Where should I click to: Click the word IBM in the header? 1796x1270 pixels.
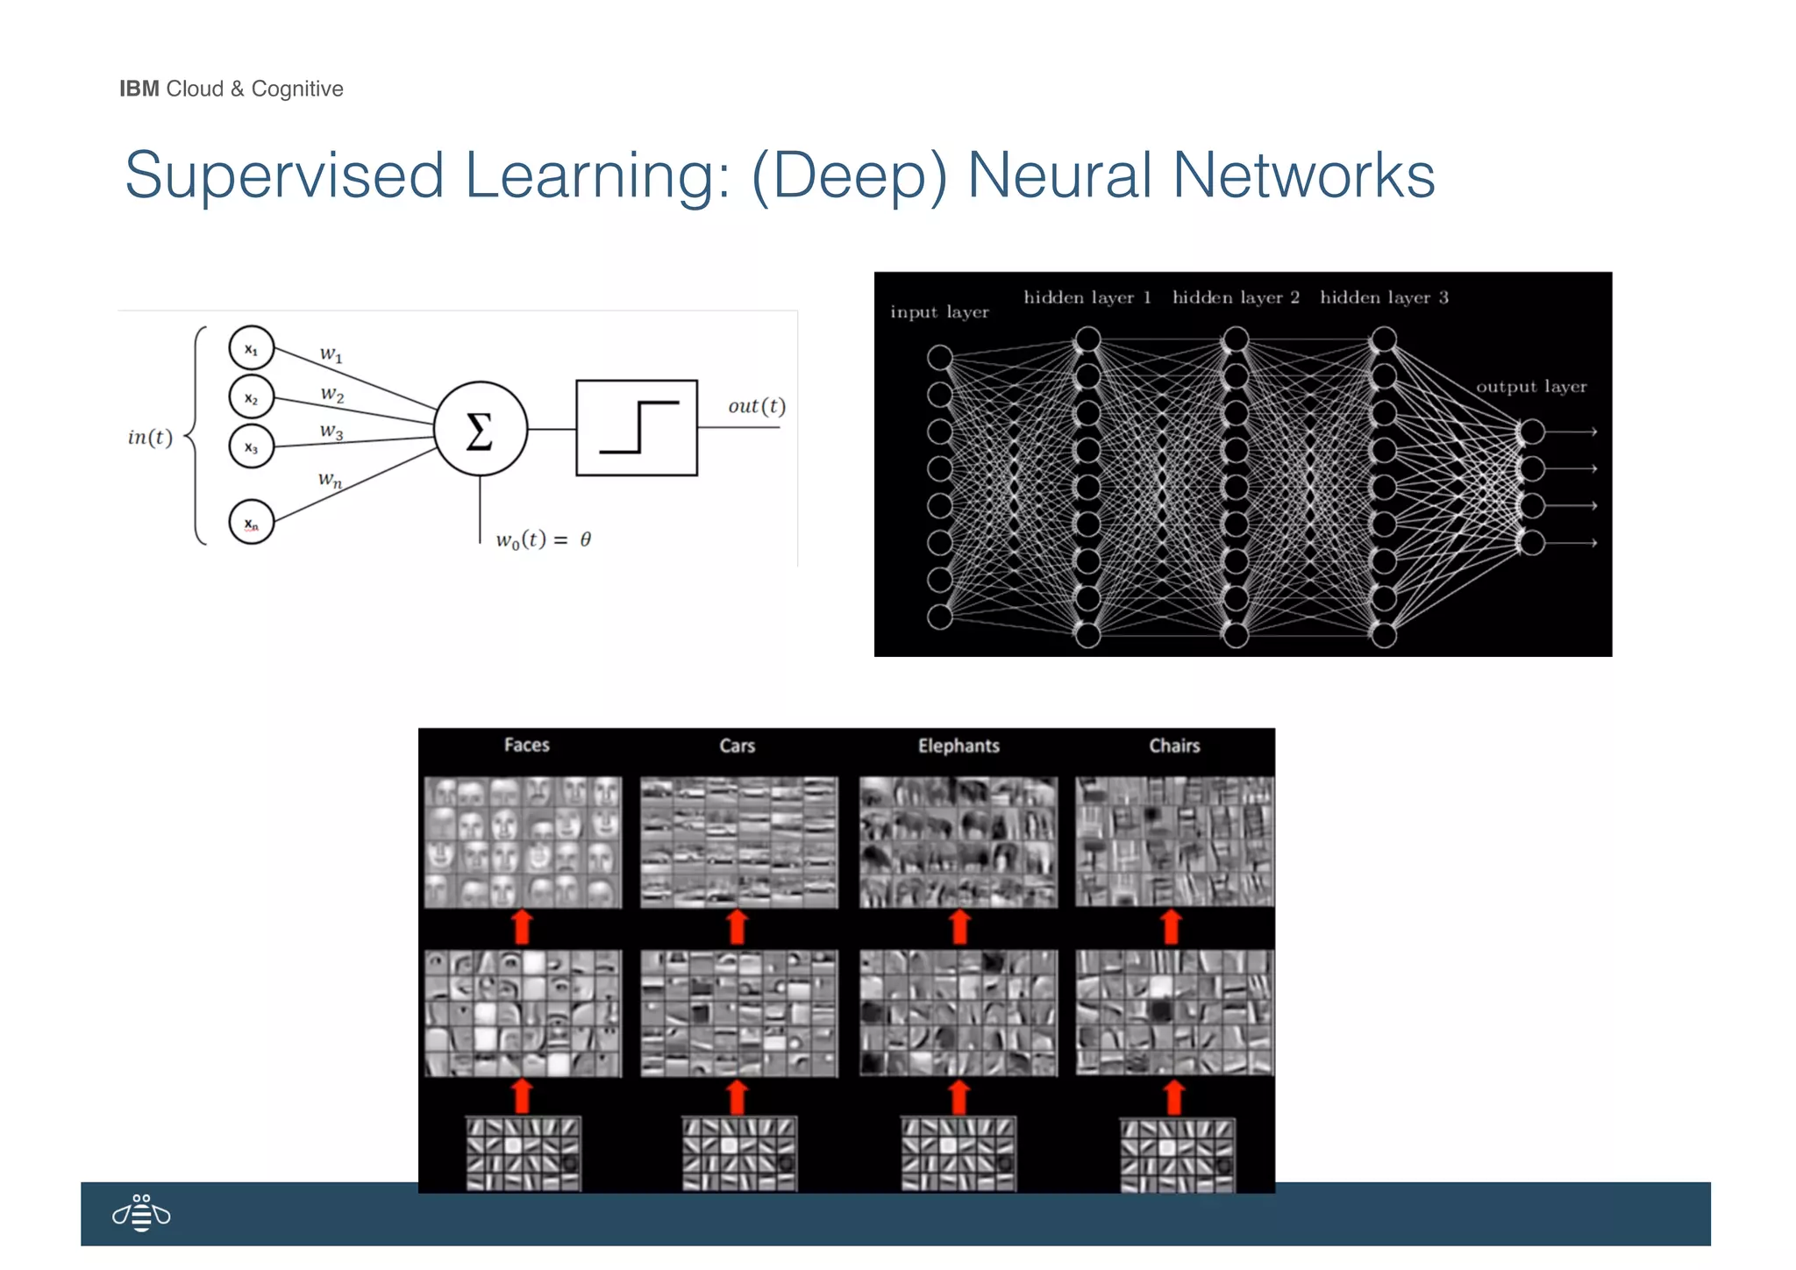139,89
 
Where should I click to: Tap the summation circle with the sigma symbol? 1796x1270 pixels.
480,429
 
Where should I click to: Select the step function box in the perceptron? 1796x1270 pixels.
637,428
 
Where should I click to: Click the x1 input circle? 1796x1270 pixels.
251,349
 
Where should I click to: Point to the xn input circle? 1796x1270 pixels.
251,523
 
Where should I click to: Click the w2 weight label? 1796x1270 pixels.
332,394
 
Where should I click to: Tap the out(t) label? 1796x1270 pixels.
756,406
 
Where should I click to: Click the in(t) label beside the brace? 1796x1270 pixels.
150,437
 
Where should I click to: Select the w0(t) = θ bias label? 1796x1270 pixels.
544,539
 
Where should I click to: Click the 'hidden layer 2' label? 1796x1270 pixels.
1235,297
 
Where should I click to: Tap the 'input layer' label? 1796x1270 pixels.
939,312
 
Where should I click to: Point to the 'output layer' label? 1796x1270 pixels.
1530,387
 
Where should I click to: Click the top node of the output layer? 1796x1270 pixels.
1531,432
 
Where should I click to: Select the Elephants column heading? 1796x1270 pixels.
959,746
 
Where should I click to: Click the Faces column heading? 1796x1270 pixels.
526,745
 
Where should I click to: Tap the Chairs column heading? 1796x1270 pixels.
1174,746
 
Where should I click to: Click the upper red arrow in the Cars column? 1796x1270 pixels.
738,927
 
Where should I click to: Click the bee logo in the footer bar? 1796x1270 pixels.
141,1213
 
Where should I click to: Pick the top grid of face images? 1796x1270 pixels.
523,842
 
